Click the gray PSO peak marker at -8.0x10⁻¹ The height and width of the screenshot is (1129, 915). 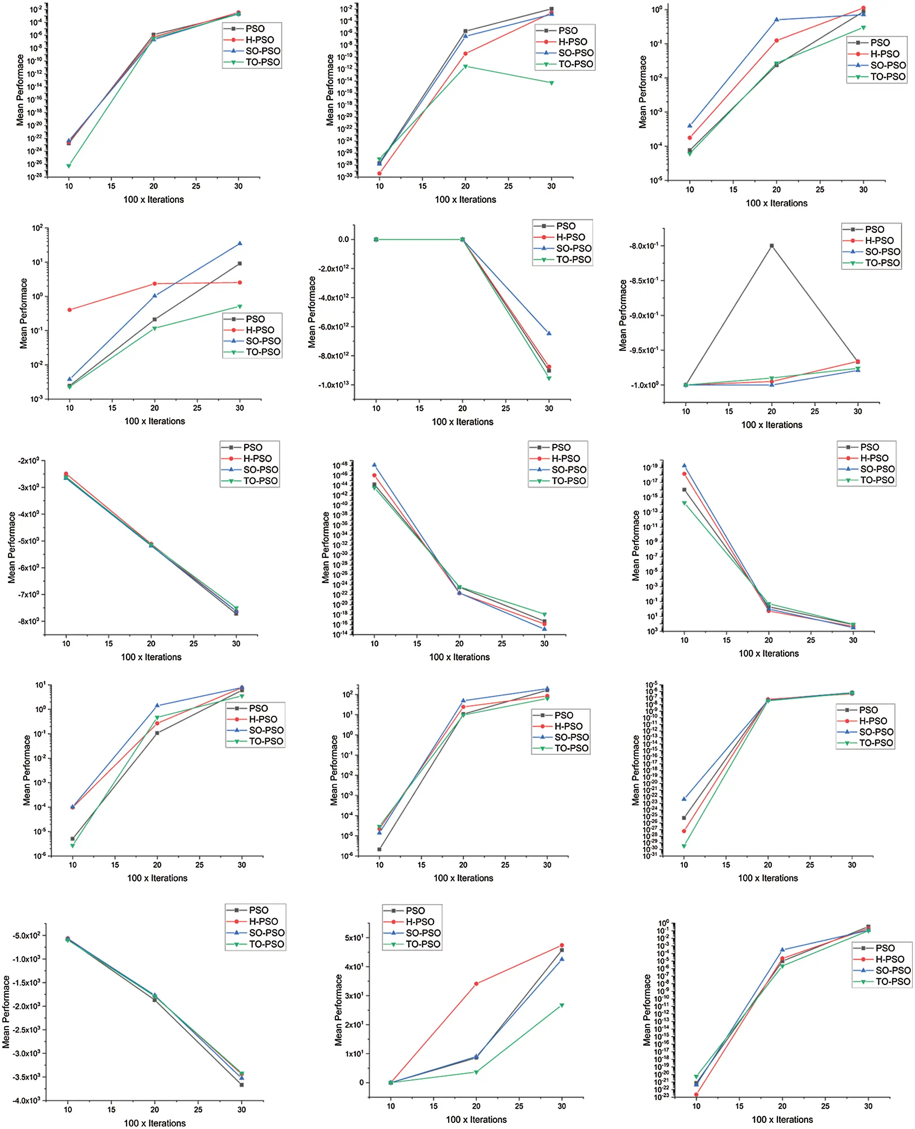coord(771,246)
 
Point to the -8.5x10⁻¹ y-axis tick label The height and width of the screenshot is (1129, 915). coord(644,281)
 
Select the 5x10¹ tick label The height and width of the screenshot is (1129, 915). coord(354,937)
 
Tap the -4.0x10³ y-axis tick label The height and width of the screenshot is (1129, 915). coord(27,1100)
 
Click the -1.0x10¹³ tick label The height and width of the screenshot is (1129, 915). coord(333,384)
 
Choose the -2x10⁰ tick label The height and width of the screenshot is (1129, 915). coord(29,461)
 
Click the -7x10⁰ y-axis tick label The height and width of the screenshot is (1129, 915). coord(29,594)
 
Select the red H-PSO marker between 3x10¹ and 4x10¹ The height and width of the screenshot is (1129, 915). coord(476,983)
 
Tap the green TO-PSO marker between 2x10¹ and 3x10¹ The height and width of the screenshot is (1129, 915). coord(562,1006)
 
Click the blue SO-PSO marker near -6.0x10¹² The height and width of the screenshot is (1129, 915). coord(549,333)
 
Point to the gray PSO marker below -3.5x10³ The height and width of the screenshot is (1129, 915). coord(241,1085)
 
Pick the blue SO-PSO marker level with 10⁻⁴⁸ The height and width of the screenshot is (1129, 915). coord(374,465)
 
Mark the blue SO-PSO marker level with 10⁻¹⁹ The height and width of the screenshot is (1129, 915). coord(684,466)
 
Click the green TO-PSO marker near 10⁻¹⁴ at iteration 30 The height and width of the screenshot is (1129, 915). coord(551,83)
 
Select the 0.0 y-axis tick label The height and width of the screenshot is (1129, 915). coord(343,239)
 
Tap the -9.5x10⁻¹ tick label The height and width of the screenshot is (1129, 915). coord(644,350)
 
